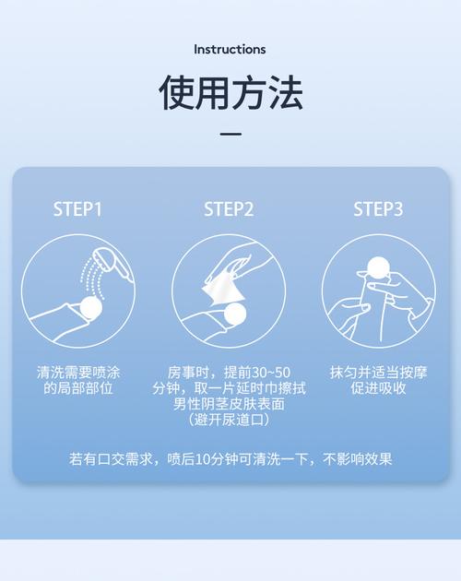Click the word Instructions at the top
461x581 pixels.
[230, 49]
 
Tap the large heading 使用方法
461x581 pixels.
[230, 92]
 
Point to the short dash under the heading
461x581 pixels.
[230, 134]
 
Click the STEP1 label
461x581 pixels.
[77, 209]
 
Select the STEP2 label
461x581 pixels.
[229, 209]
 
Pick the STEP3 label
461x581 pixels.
[378, 209]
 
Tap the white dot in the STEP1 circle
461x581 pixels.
[91, 308]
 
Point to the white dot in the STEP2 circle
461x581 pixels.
[239, 314]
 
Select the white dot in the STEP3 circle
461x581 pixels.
[378, 267]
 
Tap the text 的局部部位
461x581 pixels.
[78, 388]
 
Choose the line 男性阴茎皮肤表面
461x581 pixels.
[229, 404]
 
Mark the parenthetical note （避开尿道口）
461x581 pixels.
[229, 420]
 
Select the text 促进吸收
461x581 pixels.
[378, 388]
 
